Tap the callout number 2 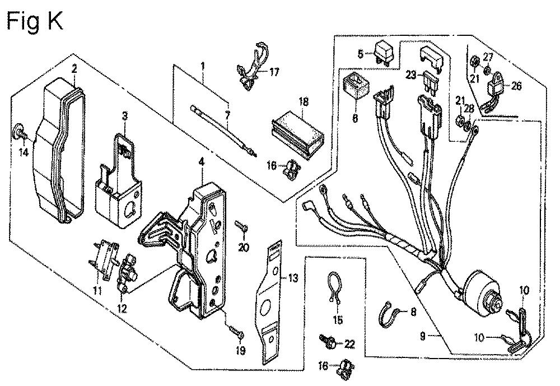coord(74,68)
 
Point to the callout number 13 coord(292,277)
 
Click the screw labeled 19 coord(235,331)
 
